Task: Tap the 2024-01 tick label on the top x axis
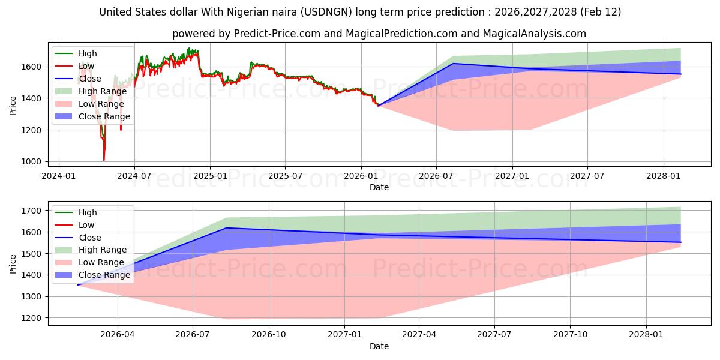click(59, 176)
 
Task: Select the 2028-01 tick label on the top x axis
click(664, 176)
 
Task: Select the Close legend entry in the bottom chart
click(90, 238)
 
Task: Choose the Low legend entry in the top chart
click(86, 66)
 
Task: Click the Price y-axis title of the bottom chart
click(13, 263)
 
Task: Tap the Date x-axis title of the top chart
click(379, 187)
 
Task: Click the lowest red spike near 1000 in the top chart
click(104, 160)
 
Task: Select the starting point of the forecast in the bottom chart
click(78, 285)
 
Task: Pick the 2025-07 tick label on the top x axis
click(284, 176)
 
